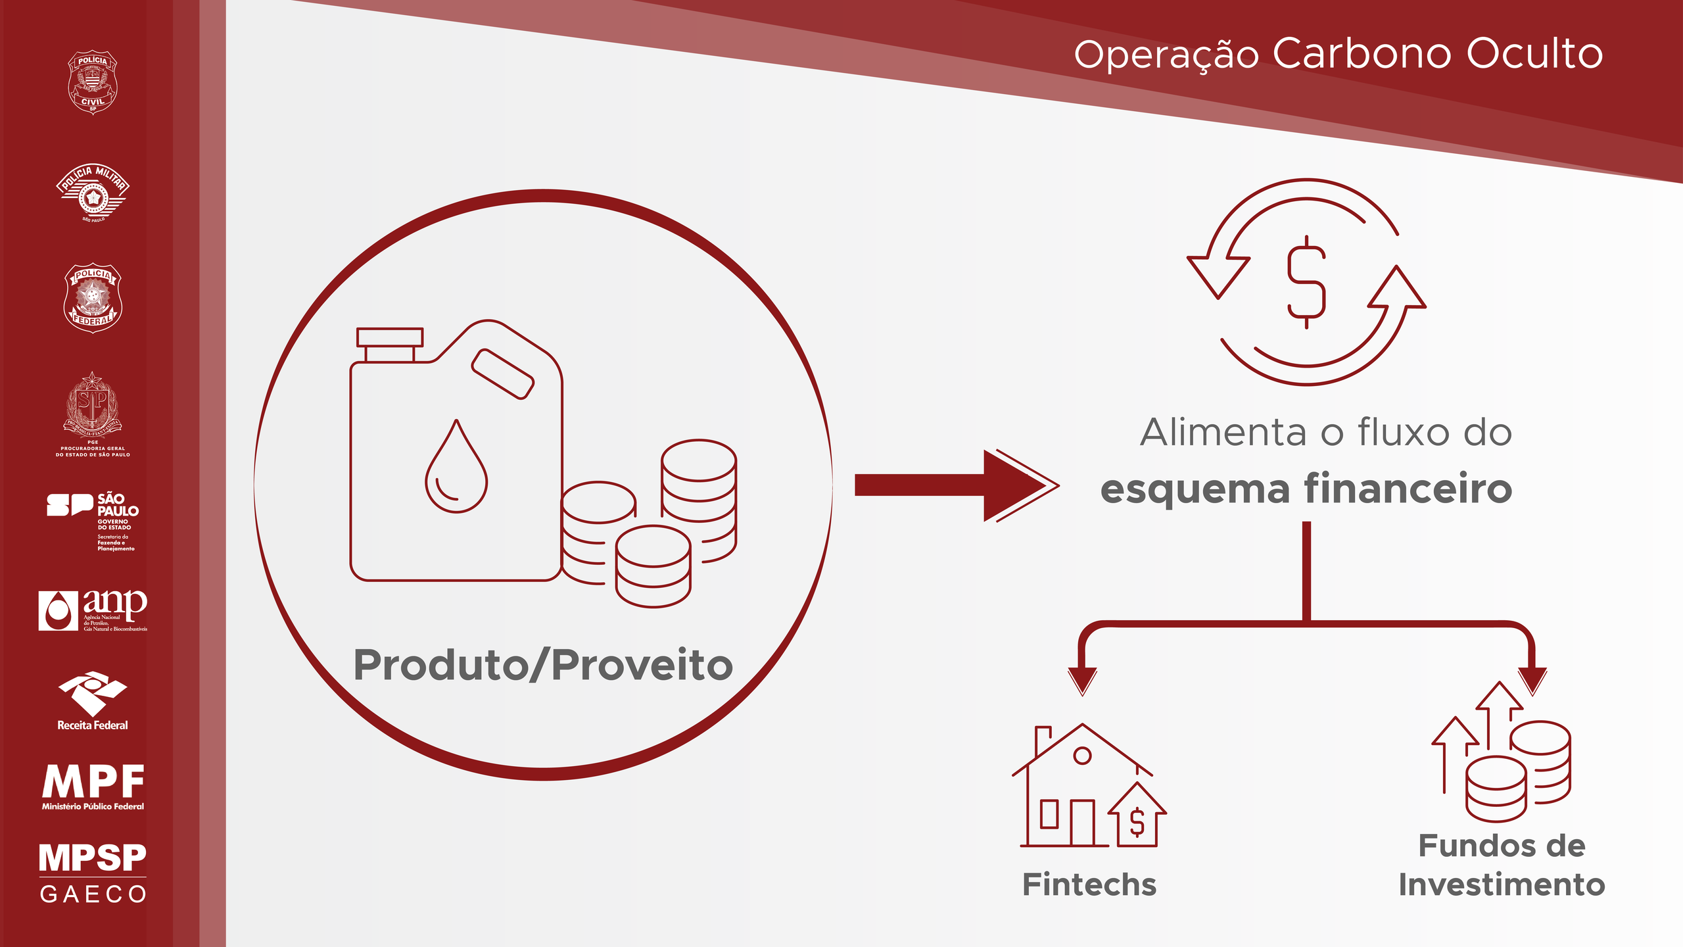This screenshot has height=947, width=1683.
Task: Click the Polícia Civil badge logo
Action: [x=93, y=82]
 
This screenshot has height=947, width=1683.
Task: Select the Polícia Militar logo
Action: [x=93, y=193]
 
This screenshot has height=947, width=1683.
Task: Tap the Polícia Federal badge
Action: [x=93, y=298]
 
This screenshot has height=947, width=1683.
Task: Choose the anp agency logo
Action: [x=93, y=610]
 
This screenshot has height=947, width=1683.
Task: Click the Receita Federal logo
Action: [x=93, y=701]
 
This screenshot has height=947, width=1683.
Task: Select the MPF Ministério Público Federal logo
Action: [x=93, y=787]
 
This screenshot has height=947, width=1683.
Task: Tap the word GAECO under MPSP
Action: [x=93, y=894]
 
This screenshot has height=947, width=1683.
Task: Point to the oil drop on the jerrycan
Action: [x=456, y=468]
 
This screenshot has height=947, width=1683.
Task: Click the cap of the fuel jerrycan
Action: [x=390, y=338]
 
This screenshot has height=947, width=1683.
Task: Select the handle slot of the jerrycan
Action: [x=503, y=374]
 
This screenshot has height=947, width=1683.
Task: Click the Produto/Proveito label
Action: [x=543, y=666]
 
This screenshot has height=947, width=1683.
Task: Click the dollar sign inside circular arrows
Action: [x=1306, y=281]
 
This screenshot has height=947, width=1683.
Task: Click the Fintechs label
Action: [x=1089, y=885]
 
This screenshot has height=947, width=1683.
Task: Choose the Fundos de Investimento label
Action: [x=1502, y=865]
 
